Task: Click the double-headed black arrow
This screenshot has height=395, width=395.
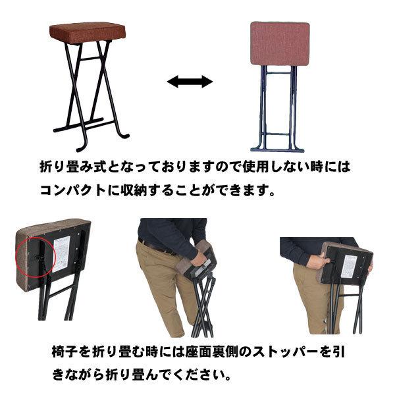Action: tap(190, 82)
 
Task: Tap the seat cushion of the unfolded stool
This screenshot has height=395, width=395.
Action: tap(88, 31)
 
